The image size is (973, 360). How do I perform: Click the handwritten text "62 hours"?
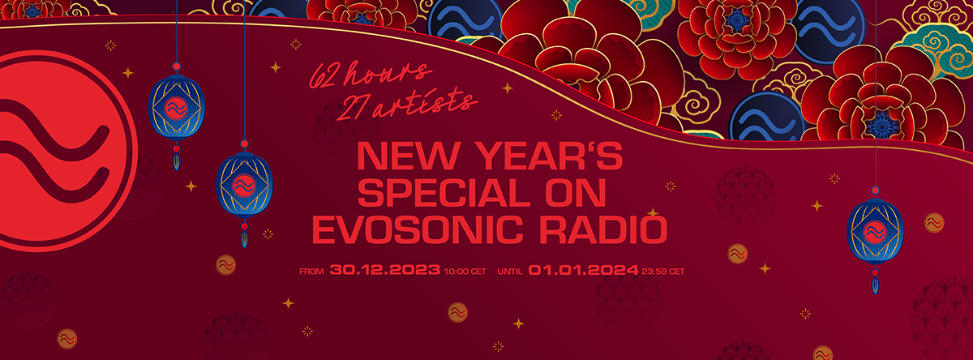[370, 75]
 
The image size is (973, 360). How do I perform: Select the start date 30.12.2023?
[385, 270]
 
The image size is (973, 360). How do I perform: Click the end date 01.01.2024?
[583, 270]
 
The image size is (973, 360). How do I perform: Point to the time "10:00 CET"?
[465, 272]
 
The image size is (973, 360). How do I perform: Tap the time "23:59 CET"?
[663, 272]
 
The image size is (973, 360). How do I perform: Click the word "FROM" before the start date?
[311, 272]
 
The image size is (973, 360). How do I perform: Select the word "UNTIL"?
[510, 272]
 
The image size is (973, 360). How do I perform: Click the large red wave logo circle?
[65, 151]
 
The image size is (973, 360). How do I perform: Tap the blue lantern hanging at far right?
[875, 233]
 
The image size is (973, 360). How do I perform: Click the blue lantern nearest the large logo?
[177, 108]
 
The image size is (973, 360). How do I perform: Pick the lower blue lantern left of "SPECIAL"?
[244, 186]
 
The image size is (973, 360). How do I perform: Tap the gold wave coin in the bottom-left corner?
[66, 339]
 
